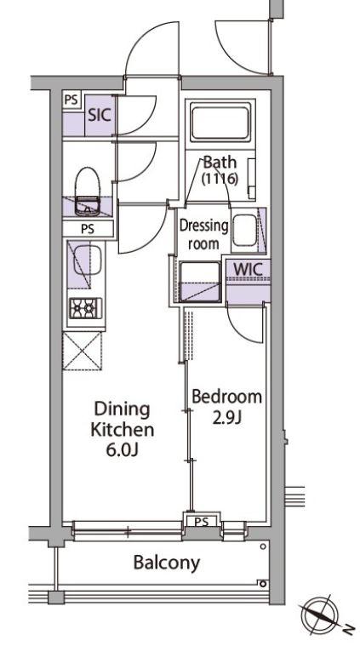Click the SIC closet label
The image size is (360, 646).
click(100, 116)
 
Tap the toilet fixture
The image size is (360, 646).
click(87, 192)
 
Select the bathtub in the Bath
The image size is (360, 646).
click(220, 123)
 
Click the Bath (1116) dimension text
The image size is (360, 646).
click(220, 180)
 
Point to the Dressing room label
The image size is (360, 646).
click(203, 234)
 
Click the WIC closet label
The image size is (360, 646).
click(248, 269)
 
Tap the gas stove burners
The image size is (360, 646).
click(85, 308)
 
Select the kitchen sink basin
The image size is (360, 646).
click(87, 260)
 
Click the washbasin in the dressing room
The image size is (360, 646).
click(244, 230)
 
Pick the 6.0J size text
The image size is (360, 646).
click(122, 450)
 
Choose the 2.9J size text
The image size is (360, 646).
click(226, 418)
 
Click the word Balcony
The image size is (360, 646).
click(167, 563)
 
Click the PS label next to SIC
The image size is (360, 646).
click(71, 100)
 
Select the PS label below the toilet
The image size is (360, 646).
click(88, 229)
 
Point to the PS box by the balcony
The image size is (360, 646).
click(202, 522)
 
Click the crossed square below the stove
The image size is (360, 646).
click(82, 351)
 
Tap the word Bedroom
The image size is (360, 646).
click(227, 397)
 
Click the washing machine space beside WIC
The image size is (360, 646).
click(199, 282)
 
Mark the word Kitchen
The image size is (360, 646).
click(123, 430)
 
